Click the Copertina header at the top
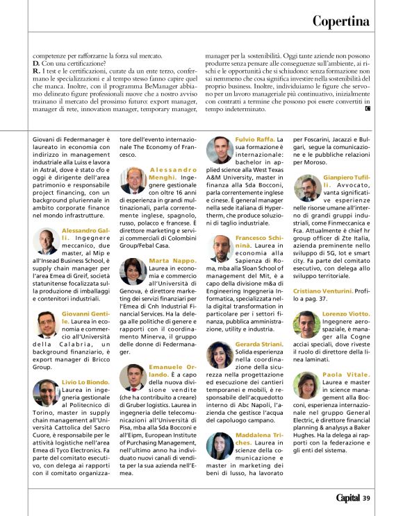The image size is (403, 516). pyautogui.click(x=340, y=21)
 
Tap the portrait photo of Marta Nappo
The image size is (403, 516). pyautogui.click(x=133, y=270)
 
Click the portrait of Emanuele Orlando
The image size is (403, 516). pyautogui.click(x=133, y=377)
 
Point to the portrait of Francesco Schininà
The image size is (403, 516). pyautogui.click(x=220, y=248)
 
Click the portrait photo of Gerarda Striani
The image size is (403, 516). pyautogui.click(x=220, y=354)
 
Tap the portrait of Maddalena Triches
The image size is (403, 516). pyautogui.click(x=220, y=445)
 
